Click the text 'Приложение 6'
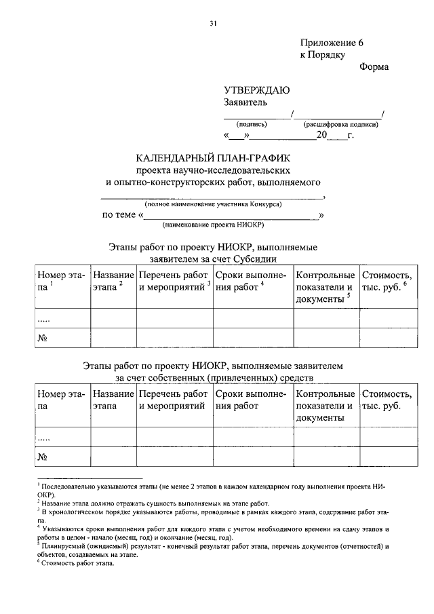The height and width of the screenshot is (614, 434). point(332,42)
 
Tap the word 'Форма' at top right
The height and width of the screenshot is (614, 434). point(374,67)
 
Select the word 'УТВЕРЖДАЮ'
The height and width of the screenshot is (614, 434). point(257,90)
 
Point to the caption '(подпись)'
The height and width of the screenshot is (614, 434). point(252,125)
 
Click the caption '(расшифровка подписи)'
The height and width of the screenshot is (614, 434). point(340,125)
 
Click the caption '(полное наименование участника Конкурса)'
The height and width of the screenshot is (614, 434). point(213,204)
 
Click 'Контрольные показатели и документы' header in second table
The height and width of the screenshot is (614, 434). point(325,405)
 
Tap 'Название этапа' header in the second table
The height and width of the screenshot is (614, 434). point(113,400)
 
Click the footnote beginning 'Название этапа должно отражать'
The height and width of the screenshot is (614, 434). point(155,503)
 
